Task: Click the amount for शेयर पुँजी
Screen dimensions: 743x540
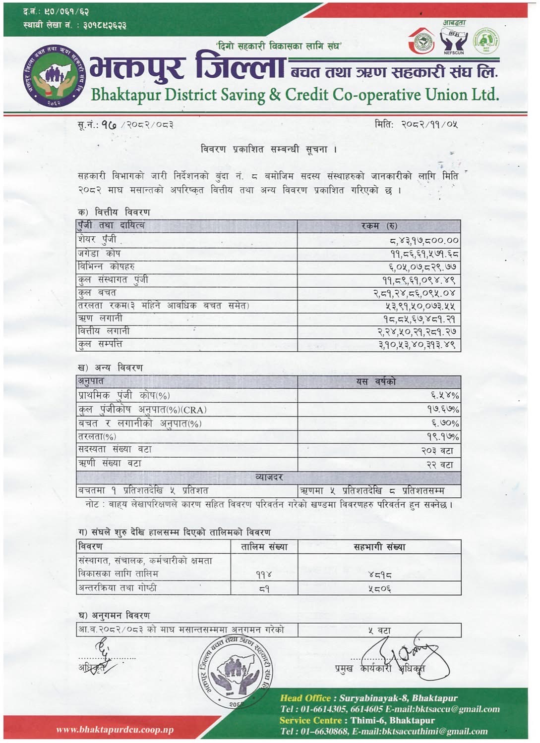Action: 424,241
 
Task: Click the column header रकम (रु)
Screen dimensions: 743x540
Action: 379,226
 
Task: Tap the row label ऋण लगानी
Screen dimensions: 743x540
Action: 100,318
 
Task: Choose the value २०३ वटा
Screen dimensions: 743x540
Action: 437,451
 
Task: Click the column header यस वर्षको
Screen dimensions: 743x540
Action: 376,382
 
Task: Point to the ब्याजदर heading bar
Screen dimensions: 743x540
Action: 268,478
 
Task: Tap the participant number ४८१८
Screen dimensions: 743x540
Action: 380,575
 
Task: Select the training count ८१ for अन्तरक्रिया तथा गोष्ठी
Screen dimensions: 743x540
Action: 264,589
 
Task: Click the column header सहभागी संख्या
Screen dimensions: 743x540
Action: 379,547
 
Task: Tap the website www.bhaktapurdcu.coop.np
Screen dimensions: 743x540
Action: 115,730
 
